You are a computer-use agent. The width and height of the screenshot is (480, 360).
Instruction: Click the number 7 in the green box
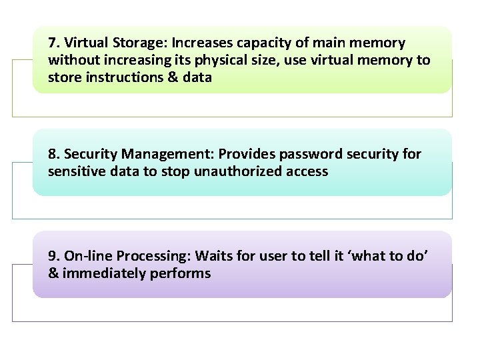(x=52, y=43)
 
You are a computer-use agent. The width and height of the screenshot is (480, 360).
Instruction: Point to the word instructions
(x=113, y=77)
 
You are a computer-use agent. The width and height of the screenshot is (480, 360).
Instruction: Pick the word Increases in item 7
(x=199, y=43)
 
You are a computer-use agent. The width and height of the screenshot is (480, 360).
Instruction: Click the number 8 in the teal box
(x=52, y=154)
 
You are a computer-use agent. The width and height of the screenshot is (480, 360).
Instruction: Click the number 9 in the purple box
(x=52, y=256)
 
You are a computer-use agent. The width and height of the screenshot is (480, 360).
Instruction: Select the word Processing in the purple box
(x=147, y=257)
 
